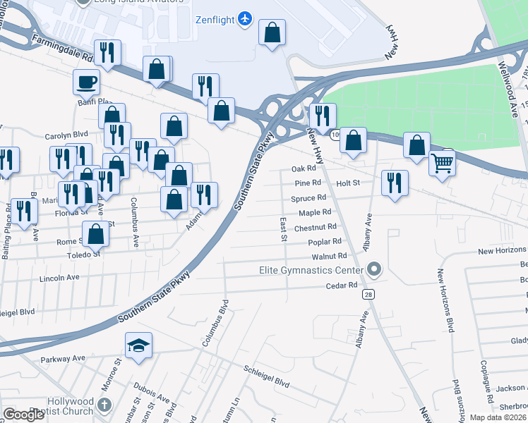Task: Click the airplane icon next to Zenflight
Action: click(x=245, y=17)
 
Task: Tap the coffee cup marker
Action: click(x=86, y=82)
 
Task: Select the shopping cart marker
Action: click(x=443, y=164)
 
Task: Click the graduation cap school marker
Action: click(x=138, y=345)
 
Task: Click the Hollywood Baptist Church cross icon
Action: click(x=104, y=405)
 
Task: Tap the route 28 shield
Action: click(x=368, y=293)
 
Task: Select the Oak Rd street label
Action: click(x=304, y=169)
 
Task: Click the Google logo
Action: click(x=24, y=415)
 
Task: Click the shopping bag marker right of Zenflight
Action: click(x=272, y=32)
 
